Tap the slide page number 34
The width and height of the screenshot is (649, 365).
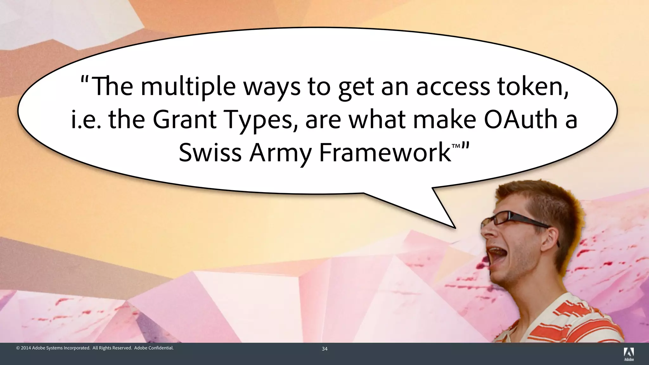(324, 349)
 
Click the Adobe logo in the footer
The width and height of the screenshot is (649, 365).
(629, 354)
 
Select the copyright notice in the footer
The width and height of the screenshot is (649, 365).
(95, 348)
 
